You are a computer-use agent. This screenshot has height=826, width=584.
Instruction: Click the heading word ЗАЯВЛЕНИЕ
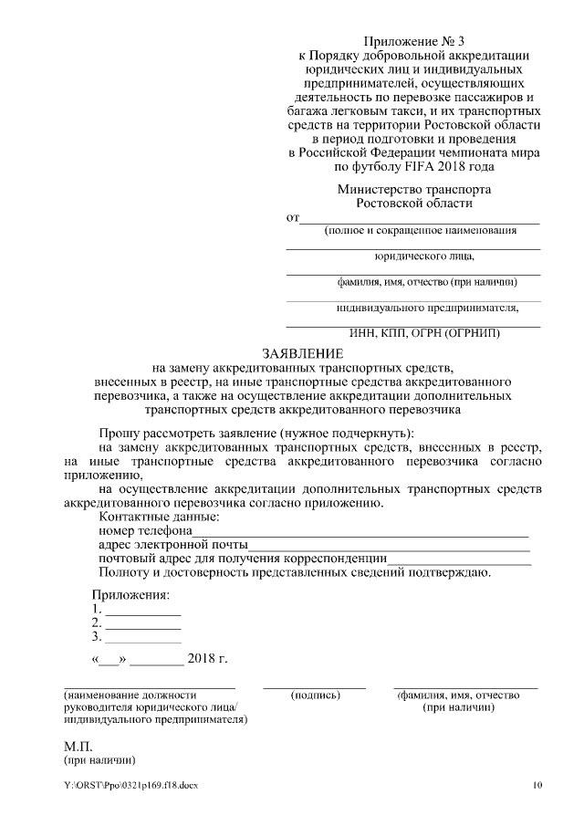pos(303,352)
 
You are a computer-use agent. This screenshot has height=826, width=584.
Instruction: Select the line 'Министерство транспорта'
pos(413,189)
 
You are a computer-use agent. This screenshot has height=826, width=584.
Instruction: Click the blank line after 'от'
pos(420,220)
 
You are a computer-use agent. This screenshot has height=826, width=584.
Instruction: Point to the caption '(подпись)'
pos(315,695)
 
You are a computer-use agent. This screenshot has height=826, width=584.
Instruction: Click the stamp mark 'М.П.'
pos(78,745)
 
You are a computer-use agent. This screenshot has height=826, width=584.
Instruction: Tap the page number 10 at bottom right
pos(537,785)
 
